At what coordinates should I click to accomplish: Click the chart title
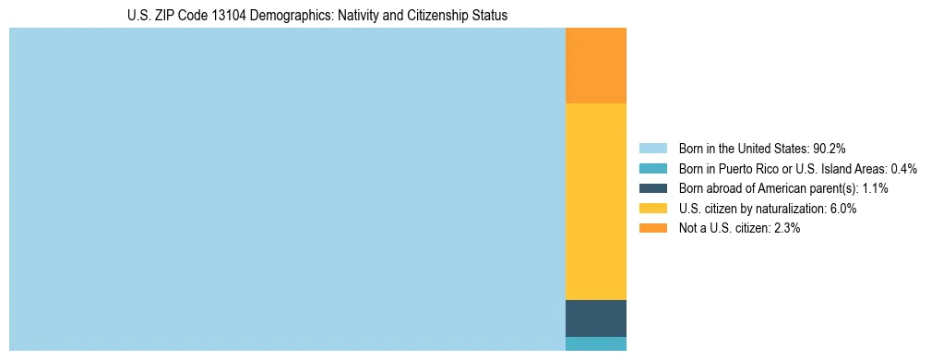pyautogui.click(x=316, y=16)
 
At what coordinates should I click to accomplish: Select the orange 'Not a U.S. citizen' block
pyautogui.click(x=595, y=66)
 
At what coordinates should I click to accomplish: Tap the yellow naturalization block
pyautogui.click(x=595, y=201)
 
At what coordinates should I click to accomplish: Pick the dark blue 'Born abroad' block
pyautogui.click(x=595, y=318)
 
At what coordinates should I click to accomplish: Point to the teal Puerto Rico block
pyautogui.click(x=595, y=343)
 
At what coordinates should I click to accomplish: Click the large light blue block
pyautogui.click(x=287, y=189)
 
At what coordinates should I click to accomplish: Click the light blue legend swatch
pyautogui.click(x=653, y=149)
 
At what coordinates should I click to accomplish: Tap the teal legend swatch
pyautogui.click(x=653, y=169)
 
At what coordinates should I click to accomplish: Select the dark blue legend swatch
pyautogui.click(x=653, y=188)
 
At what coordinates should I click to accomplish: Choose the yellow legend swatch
pyautogui.click(x=653, y=209)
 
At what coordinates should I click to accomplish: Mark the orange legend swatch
pyautogui.click(x=653, y=229)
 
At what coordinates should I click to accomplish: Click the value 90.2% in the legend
pyautogui.click(x=829, y=149)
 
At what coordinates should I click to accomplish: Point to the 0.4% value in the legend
pyautogui.click(x=904, y=169)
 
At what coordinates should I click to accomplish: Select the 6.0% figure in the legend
pyautogui.click(x=843, y=209)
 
